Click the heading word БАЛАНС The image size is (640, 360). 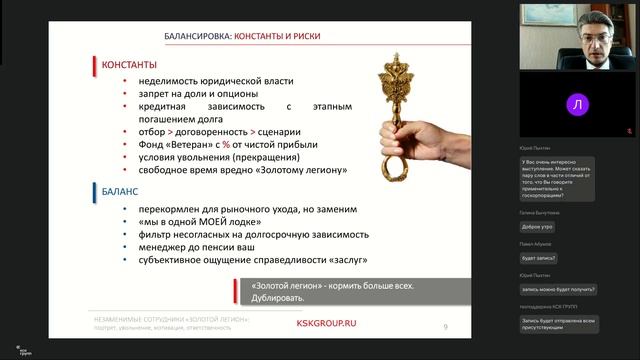click(x=119, y=189)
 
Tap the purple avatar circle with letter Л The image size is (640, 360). click(x=577, y=103)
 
